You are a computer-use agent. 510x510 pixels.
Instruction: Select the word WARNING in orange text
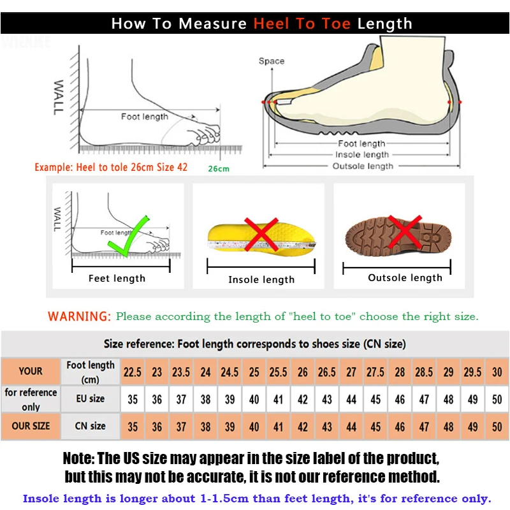point(80,316)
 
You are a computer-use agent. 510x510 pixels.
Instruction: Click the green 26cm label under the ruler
point(218,169)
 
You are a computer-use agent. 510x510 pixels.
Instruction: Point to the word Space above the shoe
point(272,61)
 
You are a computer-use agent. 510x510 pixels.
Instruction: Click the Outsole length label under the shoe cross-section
point(363,166)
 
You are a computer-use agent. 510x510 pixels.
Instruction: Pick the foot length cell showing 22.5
point(133,372)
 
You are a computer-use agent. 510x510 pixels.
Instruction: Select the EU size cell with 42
point(303,399)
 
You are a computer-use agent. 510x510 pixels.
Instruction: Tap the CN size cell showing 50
point(497,426)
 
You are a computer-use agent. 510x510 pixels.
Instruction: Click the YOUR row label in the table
point(31,371)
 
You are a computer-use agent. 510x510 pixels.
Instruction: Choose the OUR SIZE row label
point(31,426)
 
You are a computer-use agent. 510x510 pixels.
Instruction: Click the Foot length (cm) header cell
point(91,372)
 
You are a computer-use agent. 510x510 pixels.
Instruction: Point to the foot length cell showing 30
point(497,372)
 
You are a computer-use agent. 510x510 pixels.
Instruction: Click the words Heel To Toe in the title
point(303,24)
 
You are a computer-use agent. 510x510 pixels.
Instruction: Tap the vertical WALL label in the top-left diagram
point(58,97)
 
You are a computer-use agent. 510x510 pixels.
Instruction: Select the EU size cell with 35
point(133,399)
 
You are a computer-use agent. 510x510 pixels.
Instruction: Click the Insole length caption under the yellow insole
point(261,279)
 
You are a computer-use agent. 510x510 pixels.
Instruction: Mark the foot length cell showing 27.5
point(375,372)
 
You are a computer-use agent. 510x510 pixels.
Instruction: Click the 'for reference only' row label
point(31,399)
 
